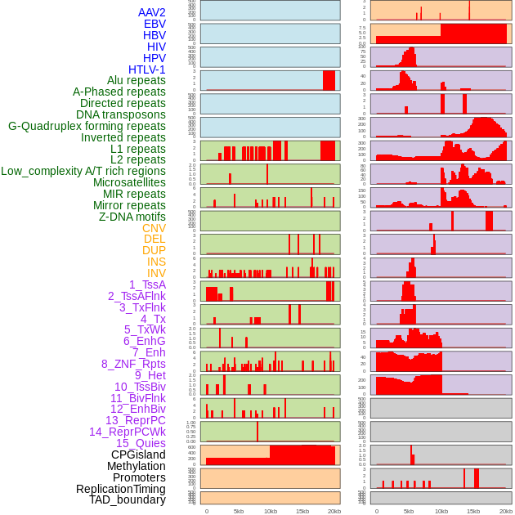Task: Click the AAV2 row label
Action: (151, 12)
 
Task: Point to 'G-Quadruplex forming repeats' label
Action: (87, 126)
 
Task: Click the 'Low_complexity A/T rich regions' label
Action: (83, 171)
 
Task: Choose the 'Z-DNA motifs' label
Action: (132, 217)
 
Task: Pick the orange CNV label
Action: (154, 228)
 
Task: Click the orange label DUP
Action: (154, 250)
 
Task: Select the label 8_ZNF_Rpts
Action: (133, 364)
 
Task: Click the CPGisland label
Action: (138, 455)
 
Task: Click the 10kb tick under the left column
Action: (271, 511)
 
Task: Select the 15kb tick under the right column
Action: (472, 511)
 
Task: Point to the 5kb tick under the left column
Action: (239, 511)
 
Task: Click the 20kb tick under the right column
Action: (505, 511)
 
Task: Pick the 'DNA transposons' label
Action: (121, 114)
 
